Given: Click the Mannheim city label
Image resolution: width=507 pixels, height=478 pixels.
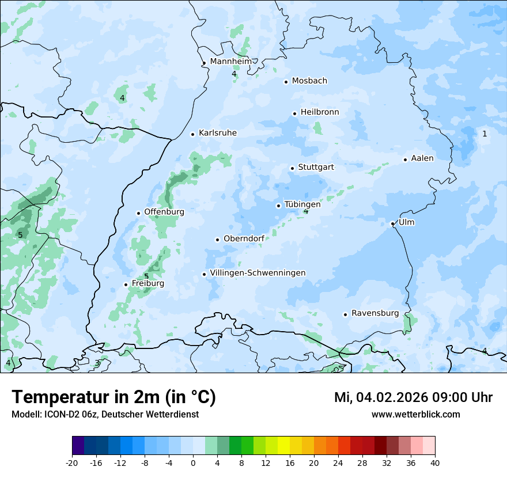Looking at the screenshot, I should pyautogui.click(x=230, y=61).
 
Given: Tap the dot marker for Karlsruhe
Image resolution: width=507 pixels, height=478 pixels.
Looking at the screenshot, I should pyautogui.click(x=193, y=134).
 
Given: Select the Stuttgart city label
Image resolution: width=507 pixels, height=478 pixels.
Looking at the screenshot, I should pyautogui.click(x=316, y=167).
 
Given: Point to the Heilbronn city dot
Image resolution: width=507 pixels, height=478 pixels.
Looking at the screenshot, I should pyautogui.click(x=294, y=113).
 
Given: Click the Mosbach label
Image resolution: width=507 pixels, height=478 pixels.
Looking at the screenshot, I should pyautogui.click(x=309, y=81).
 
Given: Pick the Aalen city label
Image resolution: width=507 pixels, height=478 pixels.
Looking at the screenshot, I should pyautogui.click(x=422, y=158).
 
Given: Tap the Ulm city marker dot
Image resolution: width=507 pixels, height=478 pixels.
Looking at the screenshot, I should pyautogui.click(x=392, y=223).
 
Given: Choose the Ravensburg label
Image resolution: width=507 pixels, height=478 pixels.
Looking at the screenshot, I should pyautogui.click(x=375, y=313).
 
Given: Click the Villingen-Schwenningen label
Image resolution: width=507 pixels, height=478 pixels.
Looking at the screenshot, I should pyautogui.click(x=258, y=273).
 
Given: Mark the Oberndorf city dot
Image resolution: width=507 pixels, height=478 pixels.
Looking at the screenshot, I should pyautogui.click(x=217, y=240).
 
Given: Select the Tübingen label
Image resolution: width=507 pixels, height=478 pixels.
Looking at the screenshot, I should pyautogui.click(x=302, y=204).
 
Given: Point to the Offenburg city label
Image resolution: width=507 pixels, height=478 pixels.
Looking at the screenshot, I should pyautogui.click(x=164, y=212).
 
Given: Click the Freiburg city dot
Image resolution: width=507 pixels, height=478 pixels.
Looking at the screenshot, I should pyautogui.click(x=126, y=284).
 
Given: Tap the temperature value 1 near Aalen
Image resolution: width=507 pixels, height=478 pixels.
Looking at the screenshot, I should pyautogui.click(x=485, y=134).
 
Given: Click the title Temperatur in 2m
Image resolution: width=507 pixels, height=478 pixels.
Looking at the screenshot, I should pyautogui.click(x=113, y=397).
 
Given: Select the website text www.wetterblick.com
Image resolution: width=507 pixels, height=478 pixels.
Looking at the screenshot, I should pyautogui.click(x=415, y=414).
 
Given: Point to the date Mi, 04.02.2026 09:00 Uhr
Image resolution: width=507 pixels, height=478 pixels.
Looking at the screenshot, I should pyautogui.click(x=413, y=397).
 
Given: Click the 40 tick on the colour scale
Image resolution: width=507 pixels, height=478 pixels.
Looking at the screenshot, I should pyautogui.click(x=435, y=462).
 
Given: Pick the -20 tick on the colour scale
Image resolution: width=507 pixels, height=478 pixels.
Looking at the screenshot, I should pyautogui.click(x=72, y=462).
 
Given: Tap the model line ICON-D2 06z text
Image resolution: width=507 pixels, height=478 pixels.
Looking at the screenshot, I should pyautogui.click(x=105, y=414).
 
